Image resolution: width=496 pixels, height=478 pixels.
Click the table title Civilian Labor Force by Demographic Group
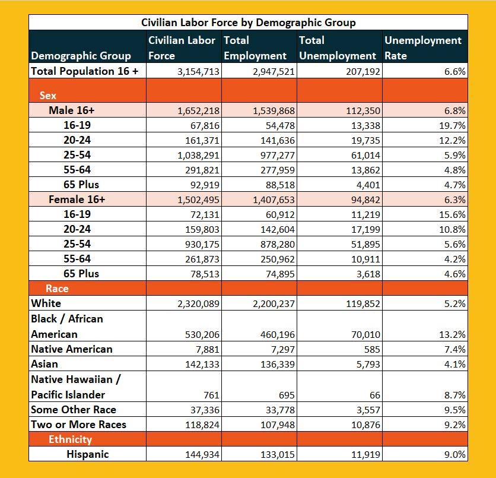tap(248, 23)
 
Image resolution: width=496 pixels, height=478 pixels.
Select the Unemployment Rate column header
tap(422, 48)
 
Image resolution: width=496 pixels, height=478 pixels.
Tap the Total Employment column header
tap(255, 48)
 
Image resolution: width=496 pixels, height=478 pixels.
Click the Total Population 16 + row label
tap(84, 71)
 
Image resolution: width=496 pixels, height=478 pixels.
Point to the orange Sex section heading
tap(48, 95)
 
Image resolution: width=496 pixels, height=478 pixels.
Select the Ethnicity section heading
tap(70, 439)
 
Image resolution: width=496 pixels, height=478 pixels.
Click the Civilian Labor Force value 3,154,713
tap(198, 71)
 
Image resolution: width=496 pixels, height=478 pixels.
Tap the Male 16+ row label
tap(72, 110)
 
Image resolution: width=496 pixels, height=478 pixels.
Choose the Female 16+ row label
tap(77, 200)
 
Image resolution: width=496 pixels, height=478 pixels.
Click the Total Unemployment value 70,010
tap(364, 335)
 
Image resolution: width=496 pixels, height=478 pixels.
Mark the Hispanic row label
tap(87, 454)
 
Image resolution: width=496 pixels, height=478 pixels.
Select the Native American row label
tap(71, 349)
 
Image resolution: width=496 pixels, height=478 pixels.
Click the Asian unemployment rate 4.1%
tap(454, 364)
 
